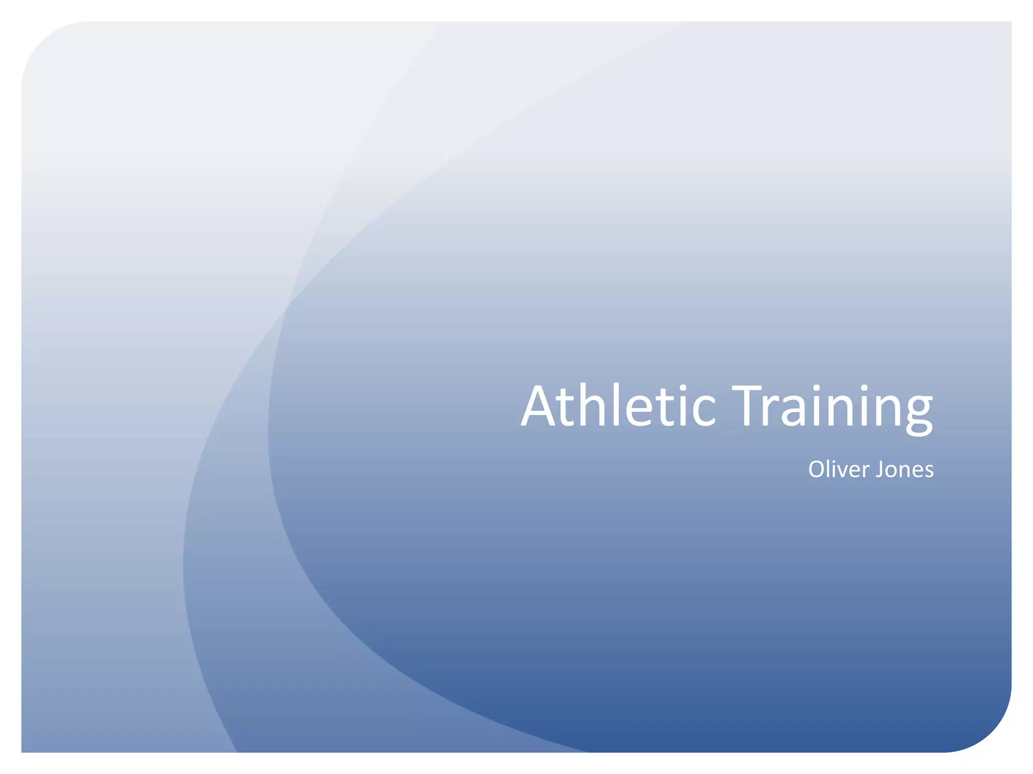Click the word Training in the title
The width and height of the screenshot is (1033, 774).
pyautogui.click(x=832, y=407)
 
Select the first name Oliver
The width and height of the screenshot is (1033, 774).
pyautogui.click(x=839, y=470)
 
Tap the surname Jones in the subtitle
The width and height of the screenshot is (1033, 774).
pyautogui.click(x=905, y=470)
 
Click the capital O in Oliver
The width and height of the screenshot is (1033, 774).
pyautogui.click(x=818, y=470)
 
